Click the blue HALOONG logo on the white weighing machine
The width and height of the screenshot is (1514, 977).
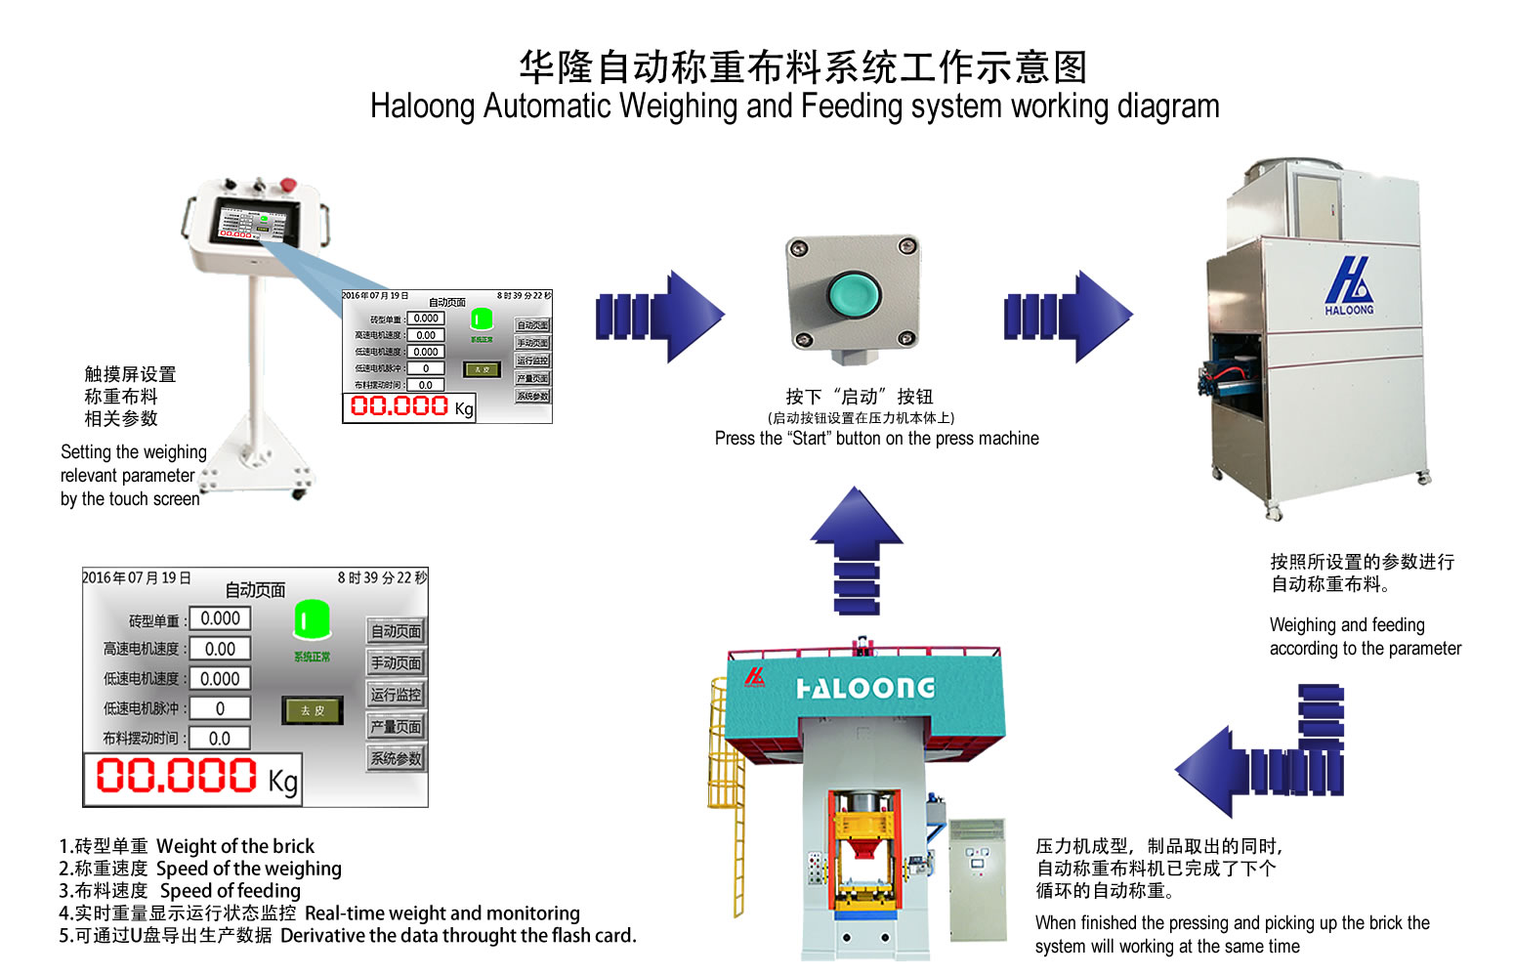[1349, 285]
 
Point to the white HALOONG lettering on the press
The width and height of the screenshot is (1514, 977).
[865, 688]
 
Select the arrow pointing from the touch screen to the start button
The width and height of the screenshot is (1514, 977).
[661, 317]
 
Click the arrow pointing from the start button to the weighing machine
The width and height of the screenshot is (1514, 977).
[1069, 317]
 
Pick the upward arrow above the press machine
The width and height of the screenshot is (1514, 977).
[857, 547]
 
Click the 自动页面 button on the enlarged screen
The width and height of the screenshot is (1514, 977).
[396, 631]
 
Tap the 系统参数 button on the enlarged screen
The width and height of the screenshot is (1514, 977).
[396, 758]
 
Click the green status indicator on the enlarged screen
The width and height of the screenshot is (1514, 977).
[312, 619]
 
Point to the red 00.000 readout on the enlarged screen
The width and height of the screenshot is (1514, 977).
[177, 777]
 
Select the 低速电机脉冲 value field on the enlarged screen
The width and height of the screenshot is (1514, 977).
[220, 708]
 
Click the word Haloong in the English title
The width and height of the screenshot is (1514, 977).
[422, 106]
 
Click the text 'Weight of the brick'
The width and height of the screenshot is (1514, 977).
[235, 846]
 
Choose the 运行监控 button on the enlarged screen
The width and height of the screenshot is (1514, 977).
[396, 695]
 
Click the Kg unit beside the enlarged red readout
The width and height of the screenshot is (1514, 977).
[283, 781]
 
